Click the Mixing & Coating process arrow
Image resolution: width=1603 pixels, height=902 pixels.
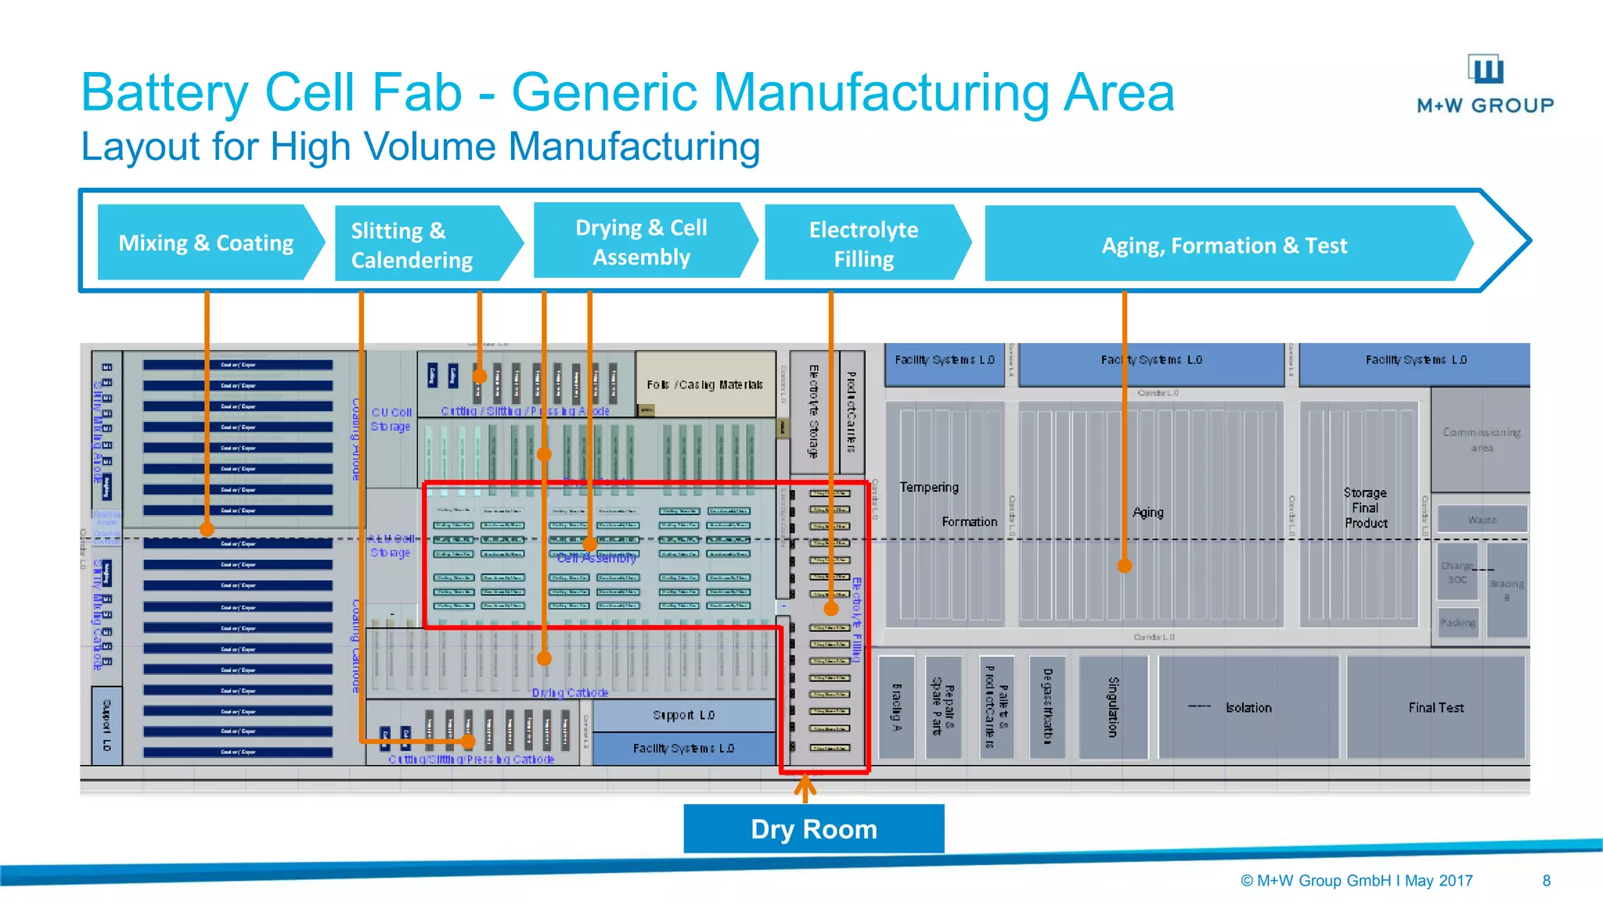click(x=206, y=243)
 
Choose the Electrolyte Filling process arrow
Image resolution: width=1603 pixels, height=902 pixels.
click(x=863, y=244)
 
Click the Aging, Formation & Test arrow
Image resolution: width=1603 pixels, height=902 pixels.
click(x=1223, y=245)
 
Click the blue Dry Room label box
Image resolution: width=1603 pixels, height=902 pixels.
click(x=813, y=828)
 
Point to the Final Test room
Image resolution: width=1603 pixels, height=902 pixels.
click(x=1435, y=708)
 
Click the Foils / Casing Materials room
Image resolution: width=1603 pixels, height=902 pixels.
click(x=704, y=384)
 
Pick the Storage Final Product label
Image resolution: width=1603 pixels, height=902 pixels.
click(x=1365, y=507)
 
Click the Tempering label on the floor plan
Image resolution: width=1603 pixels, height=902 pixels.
click(x=929, y=487)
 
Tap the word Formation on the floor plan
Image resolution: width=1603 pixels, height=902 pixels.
click(x=969, y=521)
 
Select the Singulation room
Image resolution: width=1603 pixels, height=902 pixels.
click(x=1112, y=707)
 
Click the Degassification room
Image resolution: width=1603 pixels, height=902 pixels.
click(x=1047, y=707)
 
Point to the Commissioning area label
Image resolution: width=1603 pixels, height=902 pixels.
click(x=1481, y=439)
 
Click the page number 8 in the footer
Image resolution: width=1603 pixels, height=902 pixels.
click(x=1546, y=880)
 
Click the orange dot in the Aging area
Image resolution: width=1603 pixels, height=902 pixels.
click(x=1124, y=565)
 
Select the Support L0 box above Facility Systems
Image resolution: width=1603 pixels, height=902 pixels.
click(x=683, y=715)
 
